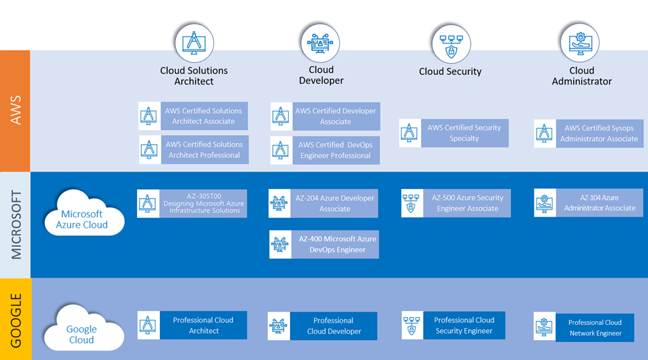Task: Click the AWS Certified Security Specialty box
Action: point(454,133)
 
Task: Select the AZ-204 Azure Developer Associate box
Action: point(324,204)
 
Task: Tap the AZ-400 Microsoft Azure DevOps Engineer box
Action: point(324,244)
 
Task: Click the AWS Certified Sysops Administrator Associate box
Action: point(588,134)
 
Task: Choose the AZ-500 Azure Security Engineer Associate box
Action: point(456,203)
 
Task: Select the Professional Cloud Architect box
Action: point(192,325)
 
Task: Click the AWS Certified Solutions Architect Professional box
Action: point(193,150)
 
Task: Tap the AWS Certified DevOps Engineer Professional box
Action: point(325,150)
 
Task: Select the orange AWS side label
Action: point(15,111)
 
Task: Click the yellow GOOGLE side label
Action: point(15,319)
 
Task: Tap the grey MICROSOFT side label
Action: point(15,225)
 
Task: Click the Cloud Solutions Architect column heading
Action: point(194,75)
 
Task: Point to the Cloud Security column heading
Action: point(450,71)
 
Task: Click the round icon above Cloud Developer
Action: point(321,43)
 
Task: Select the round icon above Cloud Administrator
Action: point(580,44)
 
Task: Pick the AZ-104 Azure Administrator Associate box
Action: point(588,203)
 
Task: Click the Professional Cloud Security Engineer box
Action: point(453,325)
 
